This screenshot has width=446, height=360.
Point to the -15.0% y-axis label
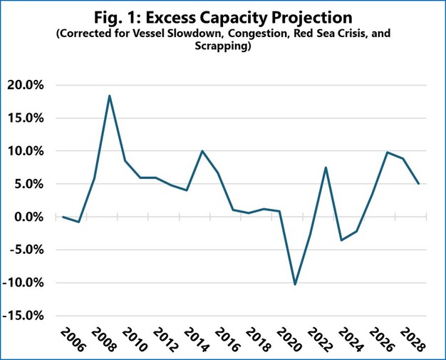[26, 316]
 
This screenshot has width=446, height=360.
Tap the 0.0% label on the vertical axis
[31, 217]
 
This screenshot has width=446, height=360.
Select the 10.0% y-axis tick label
[28, 151]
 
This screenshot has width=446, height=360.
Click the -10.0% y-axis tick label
[26, 283]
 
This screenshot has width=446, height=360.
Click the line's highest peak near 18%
[110, 96]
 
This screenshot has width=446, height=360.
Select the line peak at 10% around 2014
[202, 151]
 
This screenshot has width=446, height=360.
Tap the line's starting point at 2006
[63, 217]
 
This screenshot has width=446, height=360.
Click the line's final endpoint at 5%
[418, 184]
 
